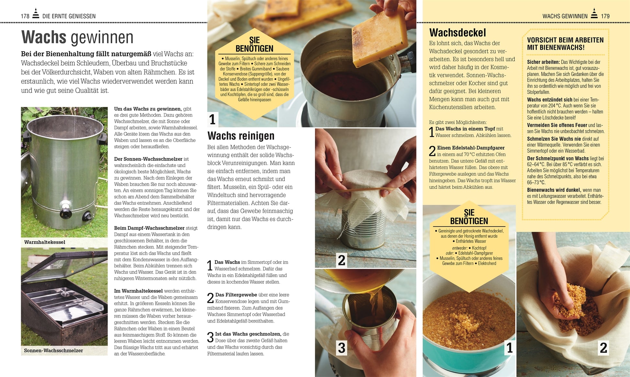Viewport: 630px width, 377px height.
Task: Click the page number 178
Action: coord(25,16)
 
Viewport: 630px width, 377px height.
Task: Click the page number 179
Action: coord(605,16)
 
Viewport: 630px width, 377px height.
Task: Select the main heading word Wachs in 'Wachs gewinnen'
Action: coord(44,37)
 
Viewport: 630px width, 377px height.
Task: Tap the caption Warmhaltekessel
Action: coord(45,242)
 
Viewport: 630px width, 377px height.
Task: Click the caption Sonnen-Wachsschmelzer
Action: coord(53,350)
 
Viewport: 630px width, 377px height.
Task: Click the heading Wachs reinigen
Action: coord(241,135)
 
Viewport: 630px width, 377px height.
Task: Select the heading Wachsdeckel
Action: coord(457,33)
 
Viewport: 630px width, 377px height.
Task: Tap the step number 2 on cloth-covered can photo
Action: coord(341,260)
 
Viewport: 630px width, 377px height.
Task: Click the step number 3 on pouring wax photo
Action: coord(341,348)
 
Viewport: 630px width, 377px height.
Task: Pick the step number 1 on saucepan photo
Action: coord(212,119)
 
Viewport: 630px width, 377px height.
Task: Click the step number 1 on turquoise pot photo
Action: coord(509,348)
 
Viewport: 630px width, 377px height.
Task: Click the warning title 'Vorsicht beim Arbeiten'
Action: coord(565,44)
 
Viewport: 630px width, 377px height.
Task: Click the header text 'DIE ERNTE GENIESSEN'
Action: coord(69,16)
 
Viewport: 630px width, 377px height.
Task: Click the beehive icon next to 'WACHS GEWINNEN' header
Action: coord(594,14)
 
